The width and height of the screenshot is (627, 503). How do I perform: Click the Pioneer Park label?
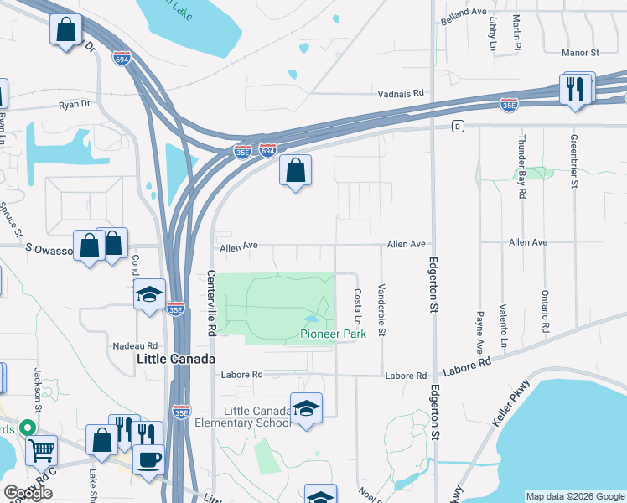point(334,334)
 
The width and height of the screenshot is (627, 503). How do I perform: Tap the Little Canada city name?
point(176,359)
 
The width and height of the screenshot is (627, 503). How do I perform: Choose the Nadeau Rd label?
point(136,345)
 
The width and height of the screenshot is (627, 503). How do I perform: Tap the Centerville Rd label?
point(211,302)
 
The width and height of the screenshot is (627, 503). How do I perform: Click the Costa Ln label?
point(358,308)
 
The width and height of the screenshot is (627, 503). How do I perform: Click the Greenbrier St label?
point(574,160)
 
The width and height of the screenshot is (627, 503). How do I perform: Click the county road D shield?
point(457,126)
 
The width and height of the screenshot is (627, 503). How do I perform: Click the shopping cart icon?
point(40,450)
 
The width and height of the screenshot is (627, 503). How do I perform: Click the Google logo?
point(28,493)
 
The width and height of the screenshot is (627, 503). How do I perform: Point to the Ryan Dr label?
point(74,105)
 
